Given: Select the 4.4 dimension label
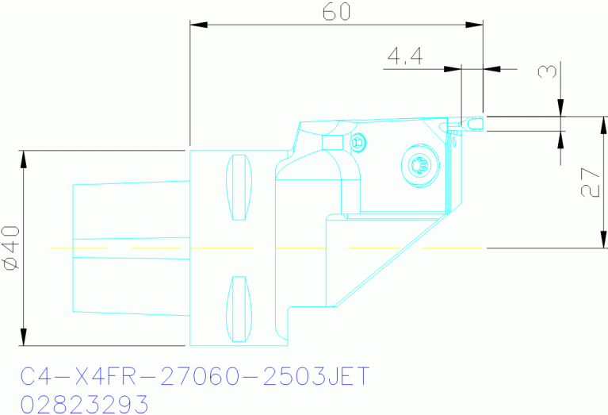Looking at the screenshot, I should point(405,57).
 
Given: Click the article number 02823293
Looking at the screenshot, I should point(84,402).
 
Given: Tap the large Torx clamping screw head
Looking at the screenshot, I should point(419,164).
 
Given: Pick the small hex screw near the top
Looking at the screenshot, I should point(359,143).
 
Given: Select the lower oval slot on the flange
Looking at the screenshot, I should point(237,309).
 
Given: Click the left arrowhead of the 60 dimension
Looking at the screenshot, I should point(195,24).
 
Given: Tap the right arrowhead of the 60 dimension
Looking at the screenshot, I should point(479,24).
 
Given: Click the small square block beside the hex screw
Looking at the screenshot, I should point(334,141).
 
